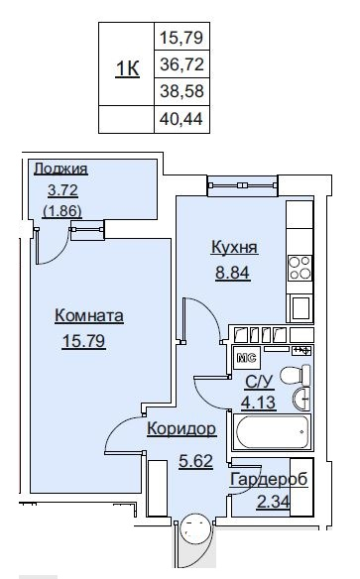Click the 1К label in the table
tap(127, 68)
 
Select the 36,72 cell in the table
tap(181, 64)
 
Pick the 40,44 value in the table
tap(181, 119)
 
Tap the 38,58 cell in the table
tap(181, 91)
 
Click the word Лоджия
tap(60, 169)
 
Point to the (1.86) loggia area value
tap(62, 211)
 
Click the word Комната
tap(89, 315)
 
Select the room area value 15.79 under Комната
tap(84, 340)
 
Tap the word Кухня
tap(234, 247)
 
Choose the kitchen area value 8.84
tap(233, 273)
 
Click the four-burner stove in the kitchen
tap(300, 268)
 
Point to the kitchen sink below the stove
tap(300, 308)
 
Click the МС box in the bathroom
tap(247, 358)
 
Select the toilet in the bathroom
tap(296, 375)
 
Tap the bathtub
tap(272, 432)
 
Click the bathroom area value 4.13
tap(259, 403)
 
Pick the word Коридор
tap(181, 429)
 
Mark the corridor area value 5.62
tap(195, 461)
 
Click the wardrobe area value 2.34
tap(274, 503)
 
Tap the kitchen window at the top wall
tap(243, 185)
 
